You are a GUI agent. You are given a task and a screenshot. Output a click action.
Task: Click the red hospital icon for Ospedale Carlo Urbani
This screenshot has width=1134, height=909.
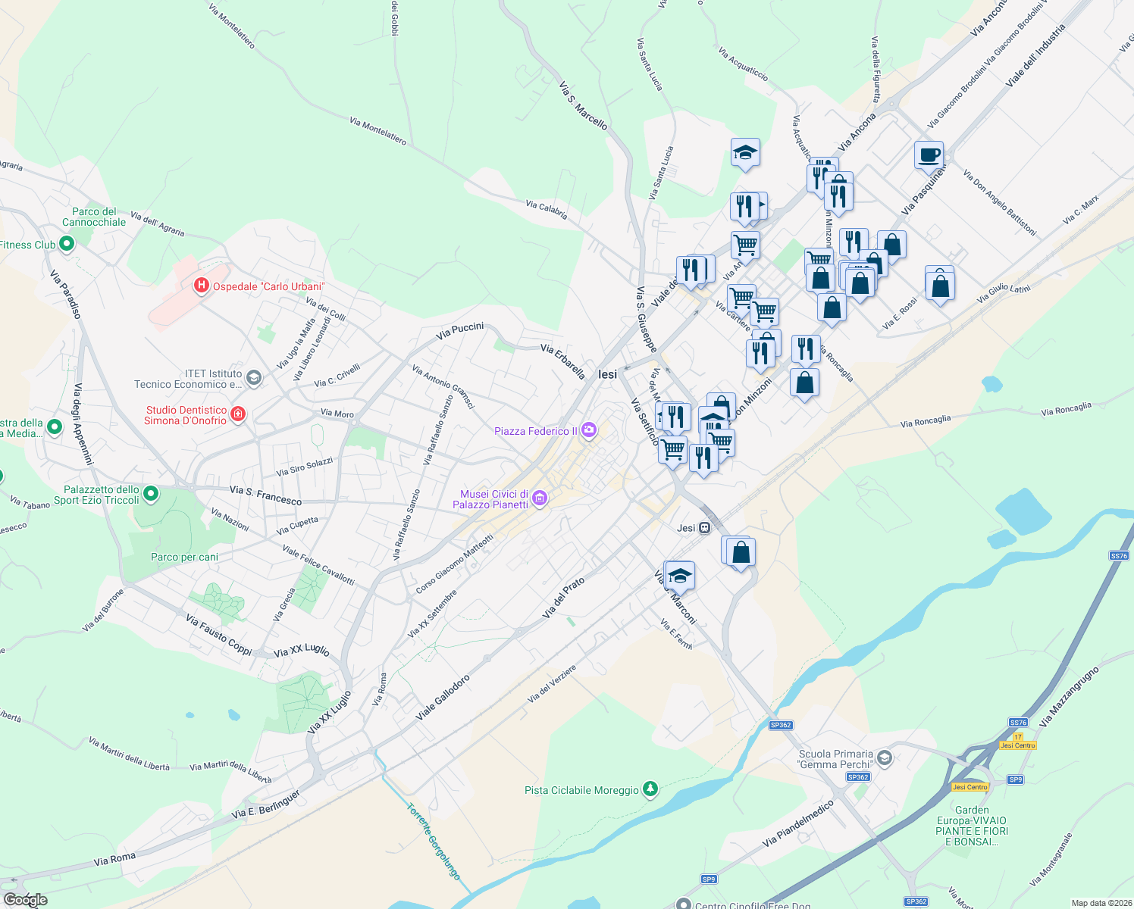pyautogui.click(x=202, y=286)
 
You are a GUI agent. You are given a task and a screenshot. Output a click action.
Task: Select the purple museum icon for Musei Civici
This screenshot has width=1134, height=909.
pyautogui.click(x=540, y=498)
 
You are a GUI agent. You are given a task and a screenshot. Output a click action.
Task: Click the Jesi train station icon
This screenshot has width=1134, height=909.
pyautogui.click(x=705, y=528)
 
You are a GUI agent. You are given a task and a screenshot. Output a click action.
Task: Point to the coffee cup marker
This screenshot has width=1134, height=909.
pyautogui.click(x=929, y=156)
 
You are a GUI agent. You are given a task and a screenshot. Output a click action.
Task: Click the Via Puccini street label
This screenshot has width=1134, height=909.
pyautogui.click(x=460, y=330)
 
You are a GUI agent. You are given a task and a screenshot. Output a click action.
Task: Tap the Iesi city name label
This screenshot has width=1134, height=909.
pyautogui.click(x=607, y=374)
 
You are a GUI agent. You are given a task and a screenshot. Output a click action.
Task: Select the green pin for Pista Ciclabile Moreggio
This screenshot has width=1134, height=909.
pyautogui.click(x=650, y=789)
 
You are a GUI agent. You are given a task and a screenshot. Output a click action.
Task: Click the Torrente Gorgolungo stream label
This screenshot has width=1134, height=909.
pyautogui.click(x=434, y=841)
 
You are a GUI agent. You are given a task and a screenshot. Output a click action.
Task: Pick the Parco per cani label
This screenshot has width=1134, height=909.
pyautogui.click(x=184, y=557)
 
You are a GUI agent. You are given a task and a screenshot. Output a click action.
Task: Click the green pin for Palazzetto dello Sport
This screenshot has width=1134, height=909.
pyautogui.click(x=151, y=495)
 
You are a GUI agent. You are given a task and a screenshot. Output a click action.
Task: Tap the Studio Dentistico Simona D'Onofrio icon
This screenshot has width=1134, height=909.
pyautogui.click(x=238, y=413)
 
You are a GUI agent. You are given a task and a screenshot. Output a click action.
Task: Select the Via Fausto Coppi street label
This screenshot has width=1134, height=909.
pyautogui.click(x=218, y=634)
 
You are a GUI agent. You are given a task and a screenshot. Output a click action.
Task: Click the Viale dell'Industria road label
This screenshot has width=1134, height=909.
pyautogui.click(x=1035, y=55)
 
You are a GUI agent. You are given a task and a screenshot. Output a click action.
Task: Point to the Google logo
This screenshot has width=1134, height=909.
pyautogui.click(x=25, y=899)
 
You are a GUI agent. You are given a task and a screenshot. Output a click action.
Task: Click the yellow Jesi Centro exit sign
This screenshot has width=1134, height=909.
pyautogui.click(x=1017, y=745)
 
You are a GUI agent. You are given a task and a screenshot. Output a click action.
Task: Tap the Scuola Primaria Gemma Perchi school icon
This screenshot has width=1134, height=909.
pyautogui.click(x=884, y=758)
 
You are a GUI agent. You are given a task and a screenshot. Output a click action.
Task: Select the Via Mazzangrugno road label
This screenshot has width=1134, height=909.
pyautogui.click(x=1069, y=696)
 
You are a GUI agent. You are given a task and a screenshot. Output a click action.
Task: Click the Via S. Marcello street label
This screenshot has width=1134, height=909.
pyautogui.click(x=583, y=105)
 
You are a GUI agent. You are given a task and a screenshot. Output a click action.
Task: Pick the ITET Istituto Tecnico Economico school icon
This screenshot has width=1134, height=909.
pyautogui.click(x=254, y=377)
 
